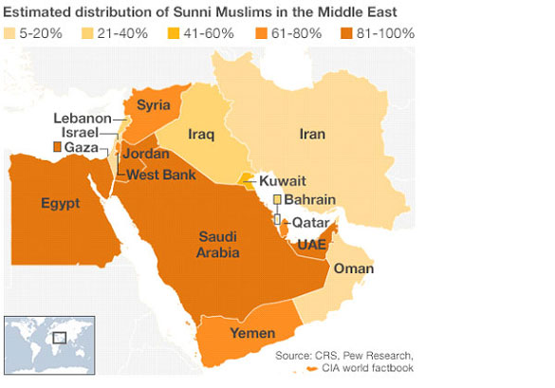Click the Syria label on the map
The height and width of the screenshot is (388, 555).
pyautogui.click(x=153, y=104)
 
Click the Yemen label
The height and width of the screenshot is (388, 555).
pyautogui.click(x=257, y=334)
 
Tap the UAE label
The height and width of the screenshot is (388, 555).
pyautogui.click(x=312, y=245)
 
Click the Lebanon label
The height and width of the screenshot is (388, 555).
pyautogui.click(x=83, y=119)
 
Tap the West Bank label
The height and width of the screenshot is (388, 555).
pyautogui.click(x=160, y=175)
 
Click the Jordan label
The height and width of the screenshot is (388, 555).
pyautogui.click(x=144, y=154)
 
